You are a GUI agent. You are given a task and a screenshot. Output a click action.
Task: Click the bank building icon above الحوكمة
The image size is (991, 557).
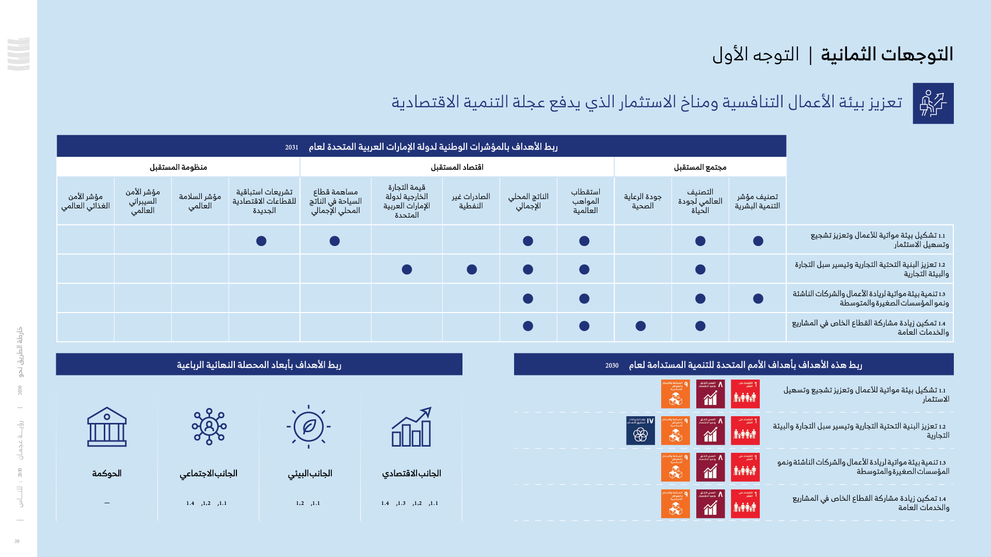(x=107, y=427)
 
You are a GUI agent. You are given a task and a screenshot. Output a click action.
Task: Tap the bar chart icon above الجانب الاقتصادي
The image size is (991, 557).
(x=411, y=427)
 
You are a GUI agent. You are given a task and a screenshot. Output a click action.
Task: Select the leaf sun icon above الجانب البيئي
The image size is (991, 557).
(x=309, y=427)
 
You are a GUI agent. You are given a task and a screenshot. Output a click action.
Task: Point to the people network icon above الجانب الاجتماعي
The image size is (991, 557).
(x=209, y=427)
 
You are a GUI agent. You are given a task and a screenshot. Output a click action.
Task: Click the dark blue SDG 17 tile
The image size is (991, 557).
(x=641, y=431)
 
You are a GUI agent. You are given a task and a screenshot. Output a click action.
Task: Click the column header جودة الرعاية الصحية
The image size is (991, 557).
(x=643, y=201)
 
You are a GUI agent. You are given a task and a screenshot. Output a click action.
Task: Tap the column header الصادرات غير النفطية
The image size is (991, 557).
(x=471, y=201)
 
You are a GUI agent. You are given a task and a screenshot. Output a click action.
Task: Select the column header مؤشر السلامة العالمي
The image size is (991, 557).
(x=200, y=201)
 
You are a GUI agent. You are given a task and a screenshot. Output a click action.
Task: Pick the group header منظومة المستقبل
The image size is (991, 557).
(x=178, y=167)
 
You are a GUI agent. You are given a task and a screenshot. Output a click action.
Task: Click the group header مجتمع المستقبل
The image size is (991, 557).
(x=700, y=167)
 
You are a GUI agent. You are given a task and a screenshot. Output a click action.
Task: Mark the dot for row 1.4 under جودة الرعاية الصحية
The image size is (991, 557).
(x=641, y=326)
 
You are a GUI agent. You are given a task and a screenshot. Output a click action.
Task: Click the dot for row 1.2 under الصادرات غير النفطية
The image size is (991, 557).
(x=472, y=269)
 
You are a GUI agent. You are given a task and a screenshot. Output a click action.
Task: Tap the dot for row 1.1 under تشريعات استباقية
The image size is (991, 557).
(x=261, y=241)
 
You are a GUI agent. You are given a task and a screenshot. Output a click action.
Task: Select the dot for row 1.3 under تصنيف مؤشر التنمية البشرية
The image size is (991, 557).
(x=758, y=299)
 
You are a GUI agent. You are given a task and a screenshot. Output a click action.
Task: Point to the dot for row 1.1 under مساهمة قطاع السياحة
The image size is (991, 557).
(x=334, y=241)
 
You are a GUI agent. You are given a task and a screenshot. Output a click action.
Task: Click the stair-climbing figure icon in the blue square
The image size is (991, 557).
(x=933, y=103)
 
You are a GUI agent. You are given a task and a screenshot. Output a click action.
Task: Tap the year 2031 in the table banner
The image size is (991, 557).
(x=292, y=148)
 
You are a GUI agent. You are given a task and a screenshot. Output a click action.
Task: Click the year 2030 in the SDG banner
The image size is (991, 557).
(x=612, y=366)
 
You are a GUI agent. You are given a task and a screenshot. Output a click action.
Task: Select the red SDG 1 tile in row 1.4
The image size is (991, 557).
(x=745, y=504)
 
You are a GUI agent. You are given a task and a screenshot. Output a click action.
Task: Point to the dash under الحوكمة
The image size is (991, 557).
(x=107, y=503)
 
